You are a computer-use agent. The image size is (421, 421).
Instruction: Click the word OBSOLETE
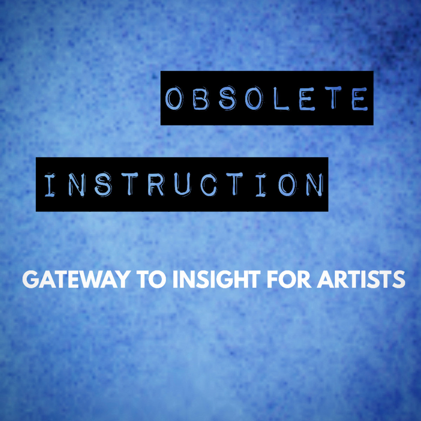tap(267, 98)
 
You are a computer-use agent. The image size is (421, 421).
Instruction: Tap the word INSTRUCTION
tap(184, 185)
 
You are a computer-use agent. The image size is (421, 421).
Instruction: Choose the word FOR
tap(288, 280)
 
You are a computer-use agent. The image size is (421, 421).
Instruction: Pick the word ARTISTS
tap(361, 280)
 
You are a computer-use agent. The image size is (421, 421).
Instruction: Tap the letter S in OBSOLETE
tap(227, 98)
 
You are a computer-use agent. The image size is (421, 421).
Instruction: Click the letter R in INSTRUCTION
tap(156, 185)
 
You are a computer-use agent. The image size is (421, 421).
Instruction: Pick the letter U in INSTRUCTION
tap(183, 185)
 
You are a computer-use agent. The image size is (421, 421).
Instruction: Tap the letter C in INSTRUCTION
tap(209, 185)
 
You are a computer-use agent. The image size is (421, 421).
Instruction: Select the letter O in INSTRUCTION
tap(287, 185)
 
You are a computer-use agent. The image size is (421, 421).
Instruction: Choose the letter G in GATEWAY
tap(31, 280)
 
